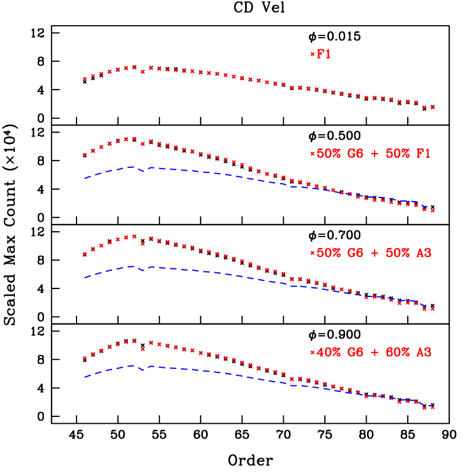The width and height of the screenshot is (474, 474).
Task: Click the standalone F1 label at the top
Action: click(324, 54)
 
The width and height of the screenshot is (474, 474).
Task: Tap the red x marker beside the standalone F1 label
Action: click(312, 54)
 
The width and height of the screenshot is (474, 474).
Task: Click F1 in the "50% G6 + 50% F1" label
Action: click(423, 154)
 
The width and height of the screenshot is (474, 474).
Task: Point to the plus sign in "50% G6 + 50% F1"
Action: click(375, 154)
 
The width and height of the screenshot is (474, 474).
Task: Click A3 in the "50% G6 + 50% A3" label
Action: click(423, 253)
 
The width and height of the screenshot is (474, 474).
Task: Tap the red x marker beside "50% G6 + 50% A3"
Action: click(312, 253)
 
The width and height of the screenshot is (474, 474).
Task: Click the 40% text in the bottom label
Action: click(329, 352)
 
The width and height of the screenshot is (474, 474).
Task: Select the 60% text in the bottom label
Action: click(397, 352)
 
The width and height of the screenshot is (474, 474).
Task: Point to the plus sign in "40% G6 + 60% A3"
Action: click(375, 353)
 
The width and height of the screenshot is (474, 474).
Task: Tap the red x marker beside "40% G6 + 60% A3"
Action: click(312, 352)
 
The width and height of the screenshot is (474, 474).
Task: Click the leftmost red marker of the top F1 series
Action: click(85, 79)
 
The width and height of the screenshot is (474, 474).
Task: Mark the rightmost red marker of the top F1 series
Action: click(433, 107)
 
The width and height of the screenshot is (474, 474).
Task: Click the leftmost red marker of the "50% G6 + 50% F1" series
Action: click(85, 154)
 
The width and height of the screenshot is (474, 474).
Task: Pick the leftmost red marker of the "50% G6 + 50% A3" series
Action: click(85, 254)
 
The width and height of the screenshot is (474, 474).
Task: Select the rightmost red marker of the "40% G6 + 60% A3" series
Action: click(433, 407)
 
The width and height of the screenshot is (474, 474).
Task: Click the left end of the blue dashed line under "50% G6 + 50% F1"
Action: click(85, 178)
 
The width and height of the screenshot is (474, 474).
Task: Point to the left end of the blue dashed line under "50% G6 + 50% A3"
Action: click(85, 278)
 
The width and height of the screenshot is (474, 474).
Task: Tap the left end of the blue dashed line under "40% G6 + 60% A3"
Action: click(85, 377)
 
